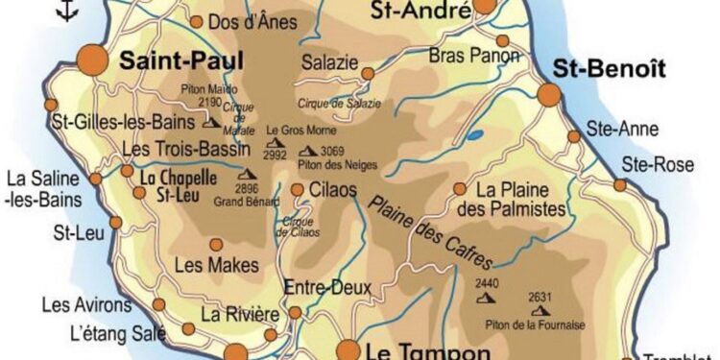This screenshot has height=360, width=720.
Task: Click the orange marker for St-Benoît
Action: coord(549,94)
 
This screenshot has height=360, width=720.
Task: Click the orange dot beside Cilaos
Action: coord(298,190)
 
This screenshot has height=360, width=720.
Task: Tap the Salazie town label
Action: coord(330,61)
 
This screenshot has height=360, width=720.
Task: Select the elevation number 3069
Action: coord(333,151)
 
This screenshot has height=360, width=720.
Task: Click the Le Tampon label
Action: coord(416,351)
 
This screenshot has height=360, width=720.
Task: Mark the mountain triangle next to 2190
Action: coord(210,123)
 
